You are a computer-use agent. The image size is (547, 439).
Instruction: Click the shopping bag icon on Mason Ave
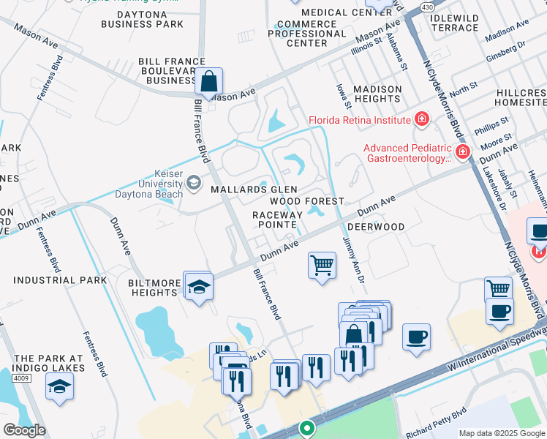pyautogui.click(x=208, y=81)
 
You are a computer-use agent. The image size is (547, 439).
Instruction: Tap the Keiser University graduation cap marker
pyautogui.click(x=194, y=182)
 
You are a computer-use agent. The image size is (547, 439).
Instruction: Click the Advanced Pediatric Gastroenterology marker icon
pyautogui.click(x=462, y=152)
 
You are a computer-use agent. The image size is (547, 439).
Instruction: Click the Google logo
pyautogui.click(x=24, y=430)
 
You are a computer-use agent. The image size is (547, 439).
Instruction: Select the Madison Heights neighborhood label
pyautogui.click(x=377, y=94)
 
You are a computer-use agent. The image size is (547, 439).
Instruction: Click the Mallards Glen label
pyautogui.click(x=244, y=190)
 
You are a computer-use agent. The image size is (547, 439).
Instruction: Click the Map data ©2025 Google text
pyautogui.click(x=501, y=433)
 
